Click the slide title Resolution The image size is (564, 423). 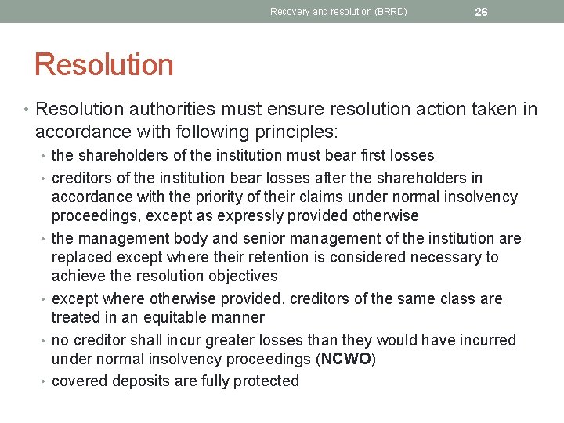[103, 64]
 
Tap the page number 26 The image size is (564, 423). [481, 12]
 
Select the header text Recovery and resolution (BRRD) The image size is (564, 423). [338, 12]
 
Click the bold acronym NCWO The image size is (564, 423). [345, 359]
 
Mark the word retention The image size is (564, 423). [287, 257]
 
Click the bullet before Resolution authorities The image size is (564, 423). [26, 109]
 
